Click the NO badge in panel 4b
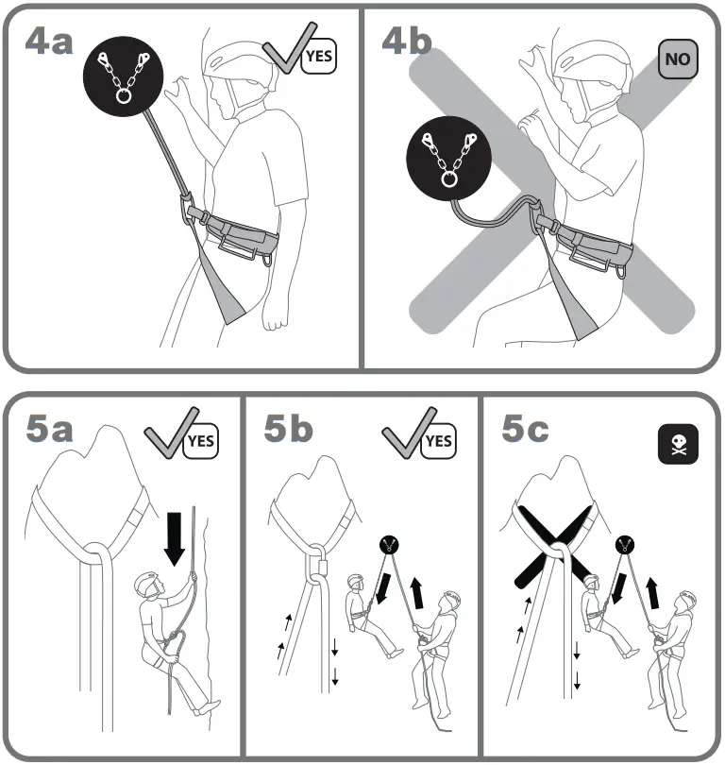click(677, 59)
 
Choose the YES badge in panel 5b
click(438, 440)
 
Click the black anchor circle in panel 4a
click(124, 76)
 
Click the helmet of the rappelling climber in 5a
click(147, 584)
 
